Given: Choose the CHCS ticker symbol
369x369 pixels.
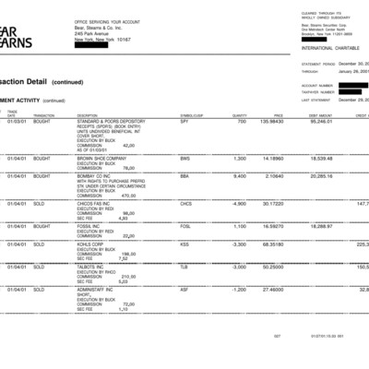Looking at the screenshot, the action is click(186, 203).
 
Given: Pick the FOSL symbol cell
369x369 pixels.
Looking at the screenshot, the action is click(185, 226).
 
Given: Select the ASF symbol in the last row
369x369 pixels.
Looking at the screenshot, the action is click(184, 290).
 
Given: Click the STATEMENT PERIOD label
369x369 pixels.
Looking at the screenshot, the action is click(320, 65).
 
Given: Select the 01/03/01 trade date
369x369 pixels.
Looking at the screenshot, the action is click(17, 121).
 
